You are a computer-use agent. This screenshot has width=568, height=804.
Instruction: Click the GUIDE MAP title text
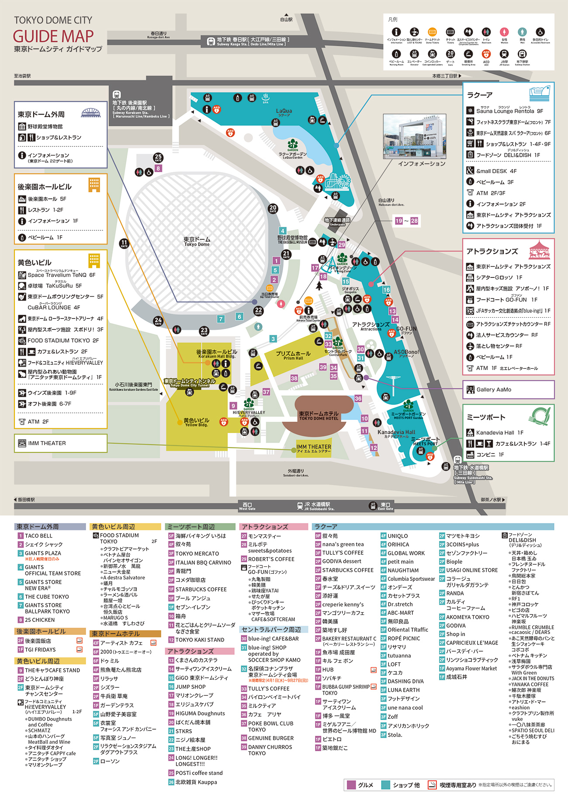click(53, 36)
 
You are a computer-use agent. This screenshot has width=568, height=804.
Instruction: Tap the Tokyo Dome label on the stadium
click(197, 242)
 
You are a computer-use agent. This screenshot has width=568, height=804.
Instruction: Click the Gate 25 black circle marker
click(158, 157)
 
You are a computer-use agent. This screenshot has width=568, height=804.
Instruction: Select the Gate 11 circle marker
click(124, 243)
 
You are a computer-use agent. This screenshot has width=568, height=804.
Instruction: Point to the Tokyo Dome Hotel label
click(319, 416)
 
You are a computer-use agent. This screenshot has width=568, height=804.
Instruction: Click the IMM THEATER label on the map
click(313, 448)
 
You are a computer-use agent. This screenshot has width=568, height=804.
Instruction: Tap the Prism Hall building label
click(293, 355)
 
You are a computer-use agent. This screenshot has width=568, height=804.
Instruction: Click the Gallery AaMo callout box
click(508, 389)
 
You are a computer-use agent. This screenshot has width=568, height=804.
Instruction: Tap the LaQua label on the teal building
click(284, 112)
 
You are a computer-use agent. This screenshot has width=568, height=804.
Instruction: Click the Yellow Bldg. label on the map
click(196, 422)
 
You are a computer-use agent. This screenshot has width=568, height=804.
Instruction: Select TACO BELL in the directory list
click(38, 536)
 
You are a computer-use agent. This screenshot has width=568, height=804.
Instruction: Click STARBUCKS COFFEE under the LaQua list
click(347, 570)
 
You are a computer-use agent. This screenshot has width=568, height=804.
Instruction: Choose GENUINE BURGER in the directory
click(270, 738)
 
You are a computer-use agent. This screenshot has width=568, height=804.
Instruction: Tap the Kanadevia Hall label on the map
click(396, 433)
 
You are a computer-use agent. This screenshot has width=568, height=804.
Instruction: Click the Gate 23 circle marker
click(204, 331)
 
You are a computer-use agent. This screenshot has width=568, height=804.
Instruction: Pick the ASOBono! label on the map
click(406, 353)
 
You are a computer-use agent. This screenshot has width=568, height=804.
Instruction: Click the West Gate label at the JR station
click(247, 506)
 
